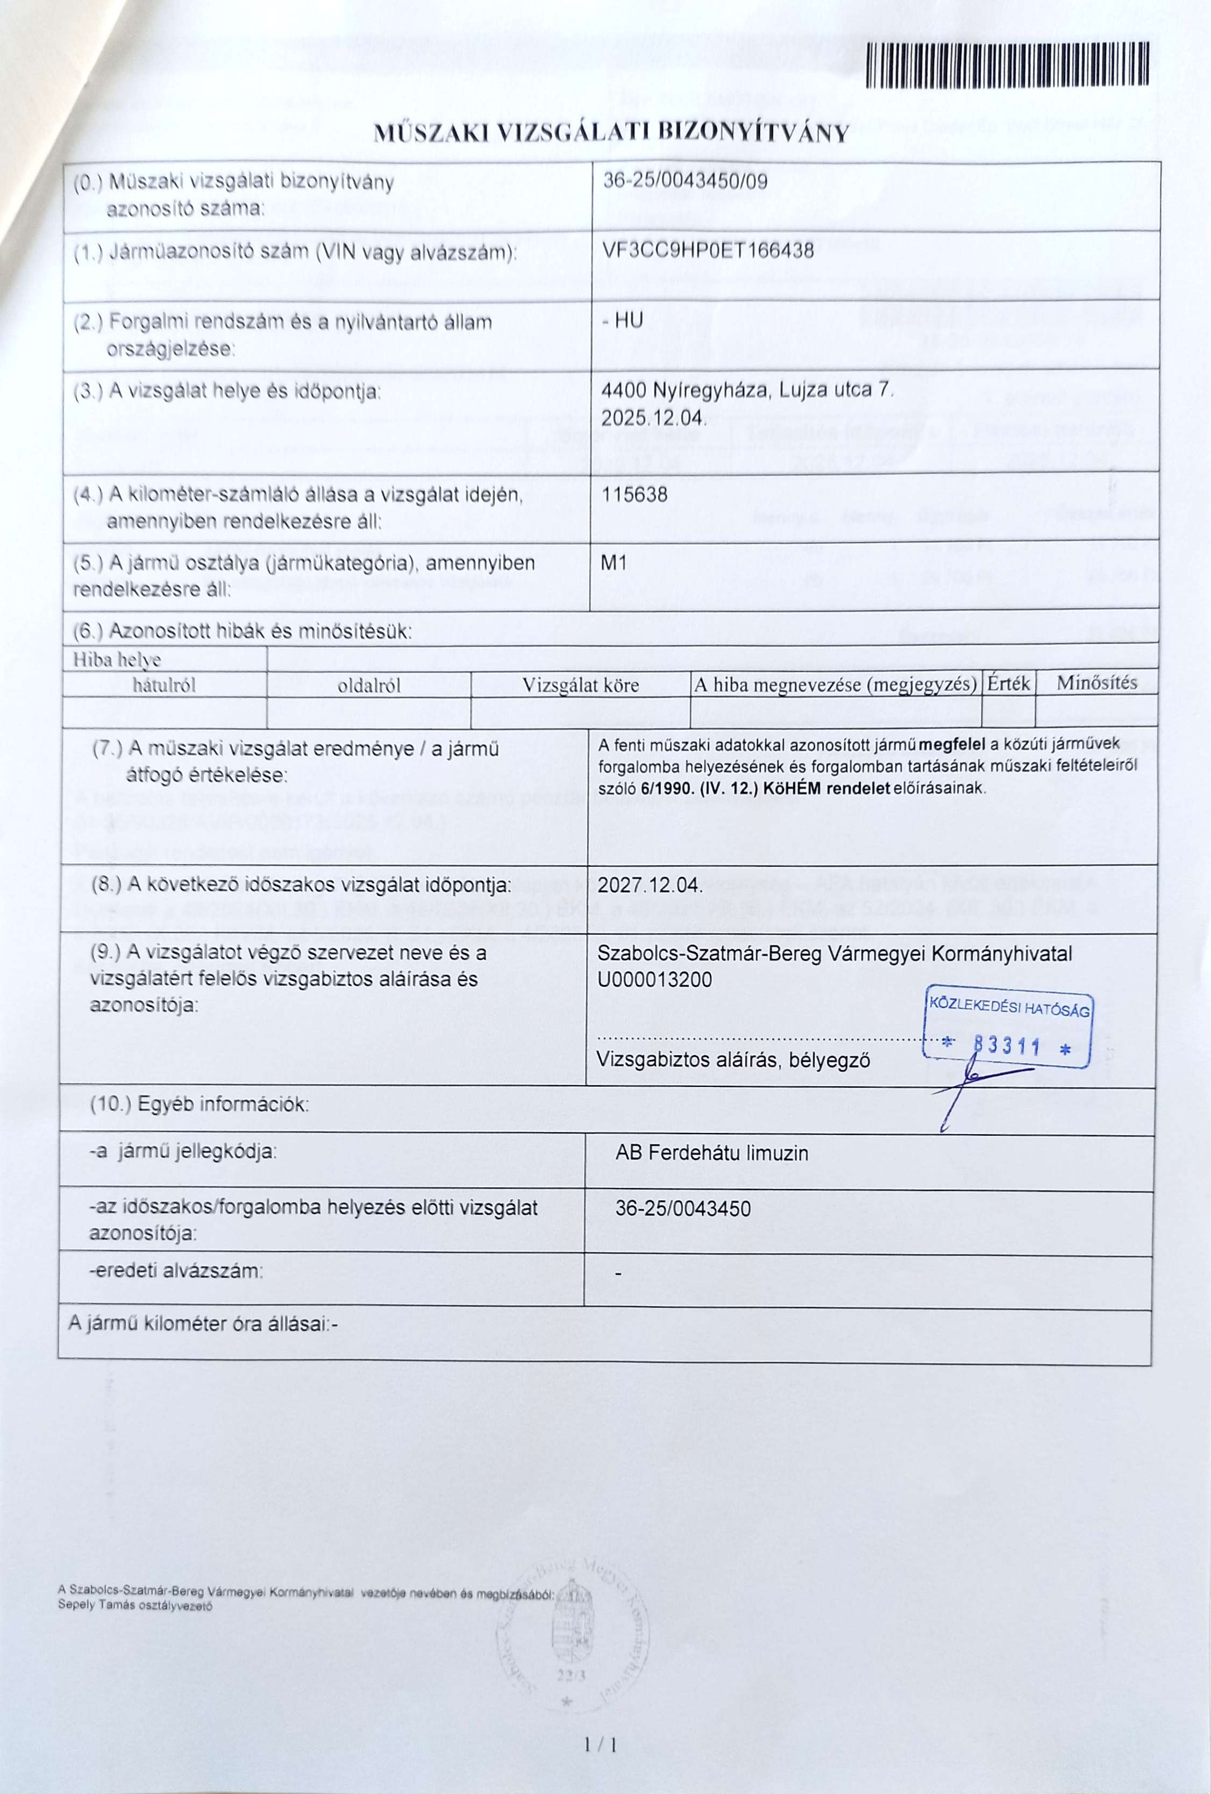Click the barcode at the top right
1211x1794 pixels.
pyautogui.click(x=1007, y=65)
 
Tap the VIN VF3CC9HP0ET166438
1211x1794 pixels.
pyautogui.click(x=707, y=250)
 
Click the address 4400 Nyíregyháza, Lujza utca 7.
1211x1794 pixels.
pyautogui.click(x=746, y=391)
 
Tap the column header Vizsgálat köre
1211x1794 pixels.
pyautogui.click(x=580, y=685)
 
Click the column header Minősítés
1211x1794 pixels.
pyautogui.click(x=1096, y=682)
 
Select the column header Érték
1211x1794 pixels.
pyautogui.click(x=1008, y=683)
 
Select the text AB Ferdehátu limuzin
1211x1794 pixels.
pyautogui.click(x=711, y=1154)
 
